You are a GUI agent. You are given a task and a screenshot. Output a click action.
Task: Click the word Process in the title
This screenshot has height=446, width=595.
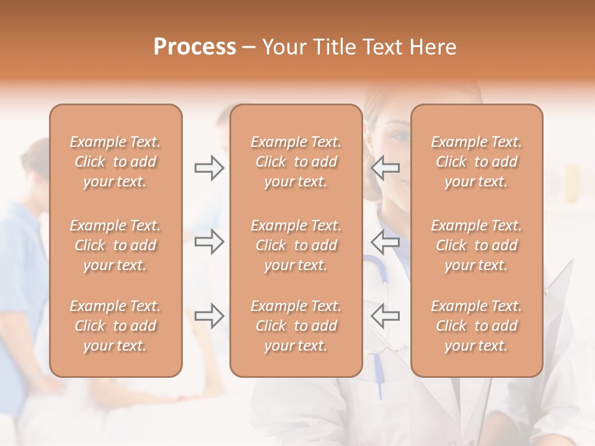pyautogui.click(x=195, y=47)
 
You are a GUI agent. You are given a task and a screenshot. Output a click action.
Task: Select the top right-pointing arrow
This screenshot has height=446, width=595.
pyautogui.click(x=209, y=168)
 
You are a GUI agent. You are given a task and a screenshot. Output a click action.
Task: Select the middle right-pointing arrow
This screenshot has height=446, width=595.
pyautogui.click(x=209, y=242)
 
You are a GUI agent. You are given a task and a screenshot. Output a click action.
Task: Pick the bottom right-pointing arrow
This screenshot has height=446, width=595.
pyautogui.click(x=209, y=316)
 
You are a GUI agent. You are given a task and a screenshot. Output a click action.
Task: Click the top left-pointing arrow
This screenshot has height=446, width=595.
pyautogui.click(x=385, y=168)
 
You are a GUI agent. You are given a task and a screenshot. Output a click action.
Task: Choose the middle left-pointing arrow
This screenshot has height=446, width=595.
pyautogui.click(x=385, y=242)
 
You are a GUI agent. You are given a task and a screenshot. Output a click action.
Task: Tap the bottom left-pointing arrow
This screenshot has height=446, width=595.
pyautogui.click(x=385, y=316)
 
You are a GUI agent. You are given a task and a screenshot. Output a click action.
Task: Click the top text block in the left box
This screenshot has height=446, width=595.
pyautogui.click(x=115, y=162)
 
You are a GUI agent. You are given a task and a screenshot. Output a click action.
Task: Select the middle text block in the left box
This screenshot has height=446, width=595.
pyautogui.click(x=115, y=245)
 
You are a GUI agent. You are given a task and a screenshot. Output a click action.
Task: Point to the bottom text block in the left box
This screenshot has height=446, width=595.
pyautogui.click(x=115, y=326)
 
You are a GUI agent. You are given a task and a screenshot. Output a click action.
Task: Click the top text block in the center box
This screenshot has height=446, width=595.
pyautogui.click(x=296, y=162)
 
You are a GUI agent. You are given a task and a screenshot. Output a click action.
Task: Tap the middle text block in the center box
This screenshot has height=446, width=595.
pyautogui.click(x=296, y=245)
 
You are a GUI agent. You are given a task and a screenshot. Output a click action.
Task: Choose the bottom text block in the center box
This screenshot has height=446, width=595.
pyautogui.click(x=296, y=326)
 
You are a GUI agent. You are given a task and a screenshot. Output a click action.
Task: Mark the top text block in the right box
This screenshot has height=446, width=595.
pyautogui.click(x=476, y=162)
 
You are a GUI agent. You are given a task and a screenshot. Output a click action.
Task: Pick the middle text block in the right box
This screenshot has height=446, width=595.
pyautogui.click(x=476, y=245)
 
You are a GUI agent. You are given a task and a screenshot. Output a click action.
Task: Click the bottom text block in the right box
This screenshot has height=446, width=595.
pyautogui.click(x=476, y=326)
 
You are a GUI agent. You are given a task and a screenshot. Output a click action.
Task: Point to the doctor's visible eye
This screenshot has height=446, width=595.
pyautogui.click(x=400, y=136)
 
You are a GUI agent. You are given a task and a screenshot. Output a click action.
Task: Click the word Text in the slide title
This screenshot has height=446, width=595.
pyautogui.click(x=381, y=47)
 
